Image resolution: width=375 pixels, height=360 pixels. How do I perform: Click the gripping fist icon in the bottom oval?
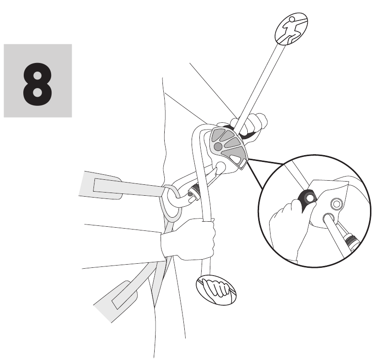216,290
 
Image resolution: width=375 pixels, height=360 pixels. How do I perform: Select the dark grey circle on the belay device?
218,146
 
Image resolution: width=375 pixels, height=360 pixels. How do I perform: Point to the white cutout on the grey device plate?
235,159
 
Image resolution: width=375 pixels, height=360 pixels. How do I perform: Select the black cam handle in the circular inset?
307,198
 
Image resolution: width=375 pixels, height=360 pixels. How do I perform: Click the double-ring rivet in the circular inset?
336,204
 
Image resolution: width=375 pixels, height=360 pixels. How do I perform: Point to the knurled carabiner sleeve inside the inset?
351,241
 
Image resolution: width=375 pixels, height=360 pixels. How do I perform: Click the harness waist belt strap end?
100,185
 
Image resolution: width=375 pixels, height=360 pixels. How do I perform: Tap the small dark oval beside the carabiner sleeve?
190,195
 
